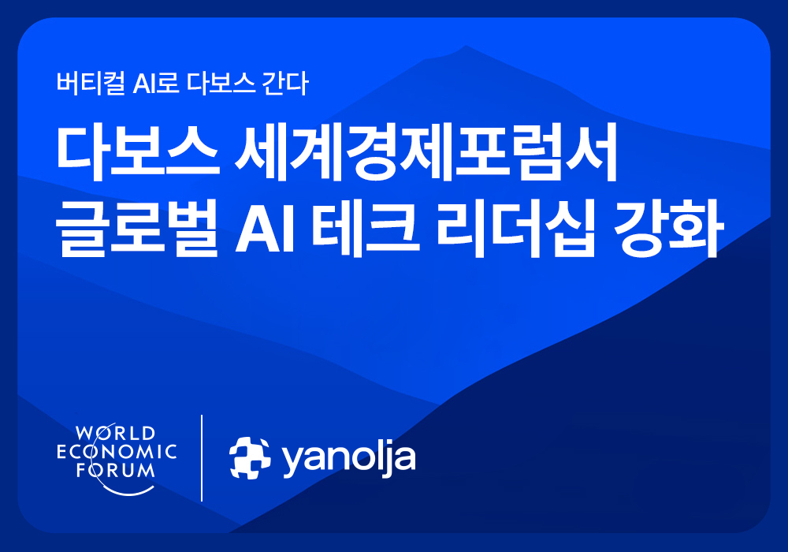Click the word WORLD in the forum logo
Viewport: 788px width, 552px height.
tap(116, 433)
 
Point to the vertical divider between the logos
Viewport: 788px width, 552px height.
tap(203, 457)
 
